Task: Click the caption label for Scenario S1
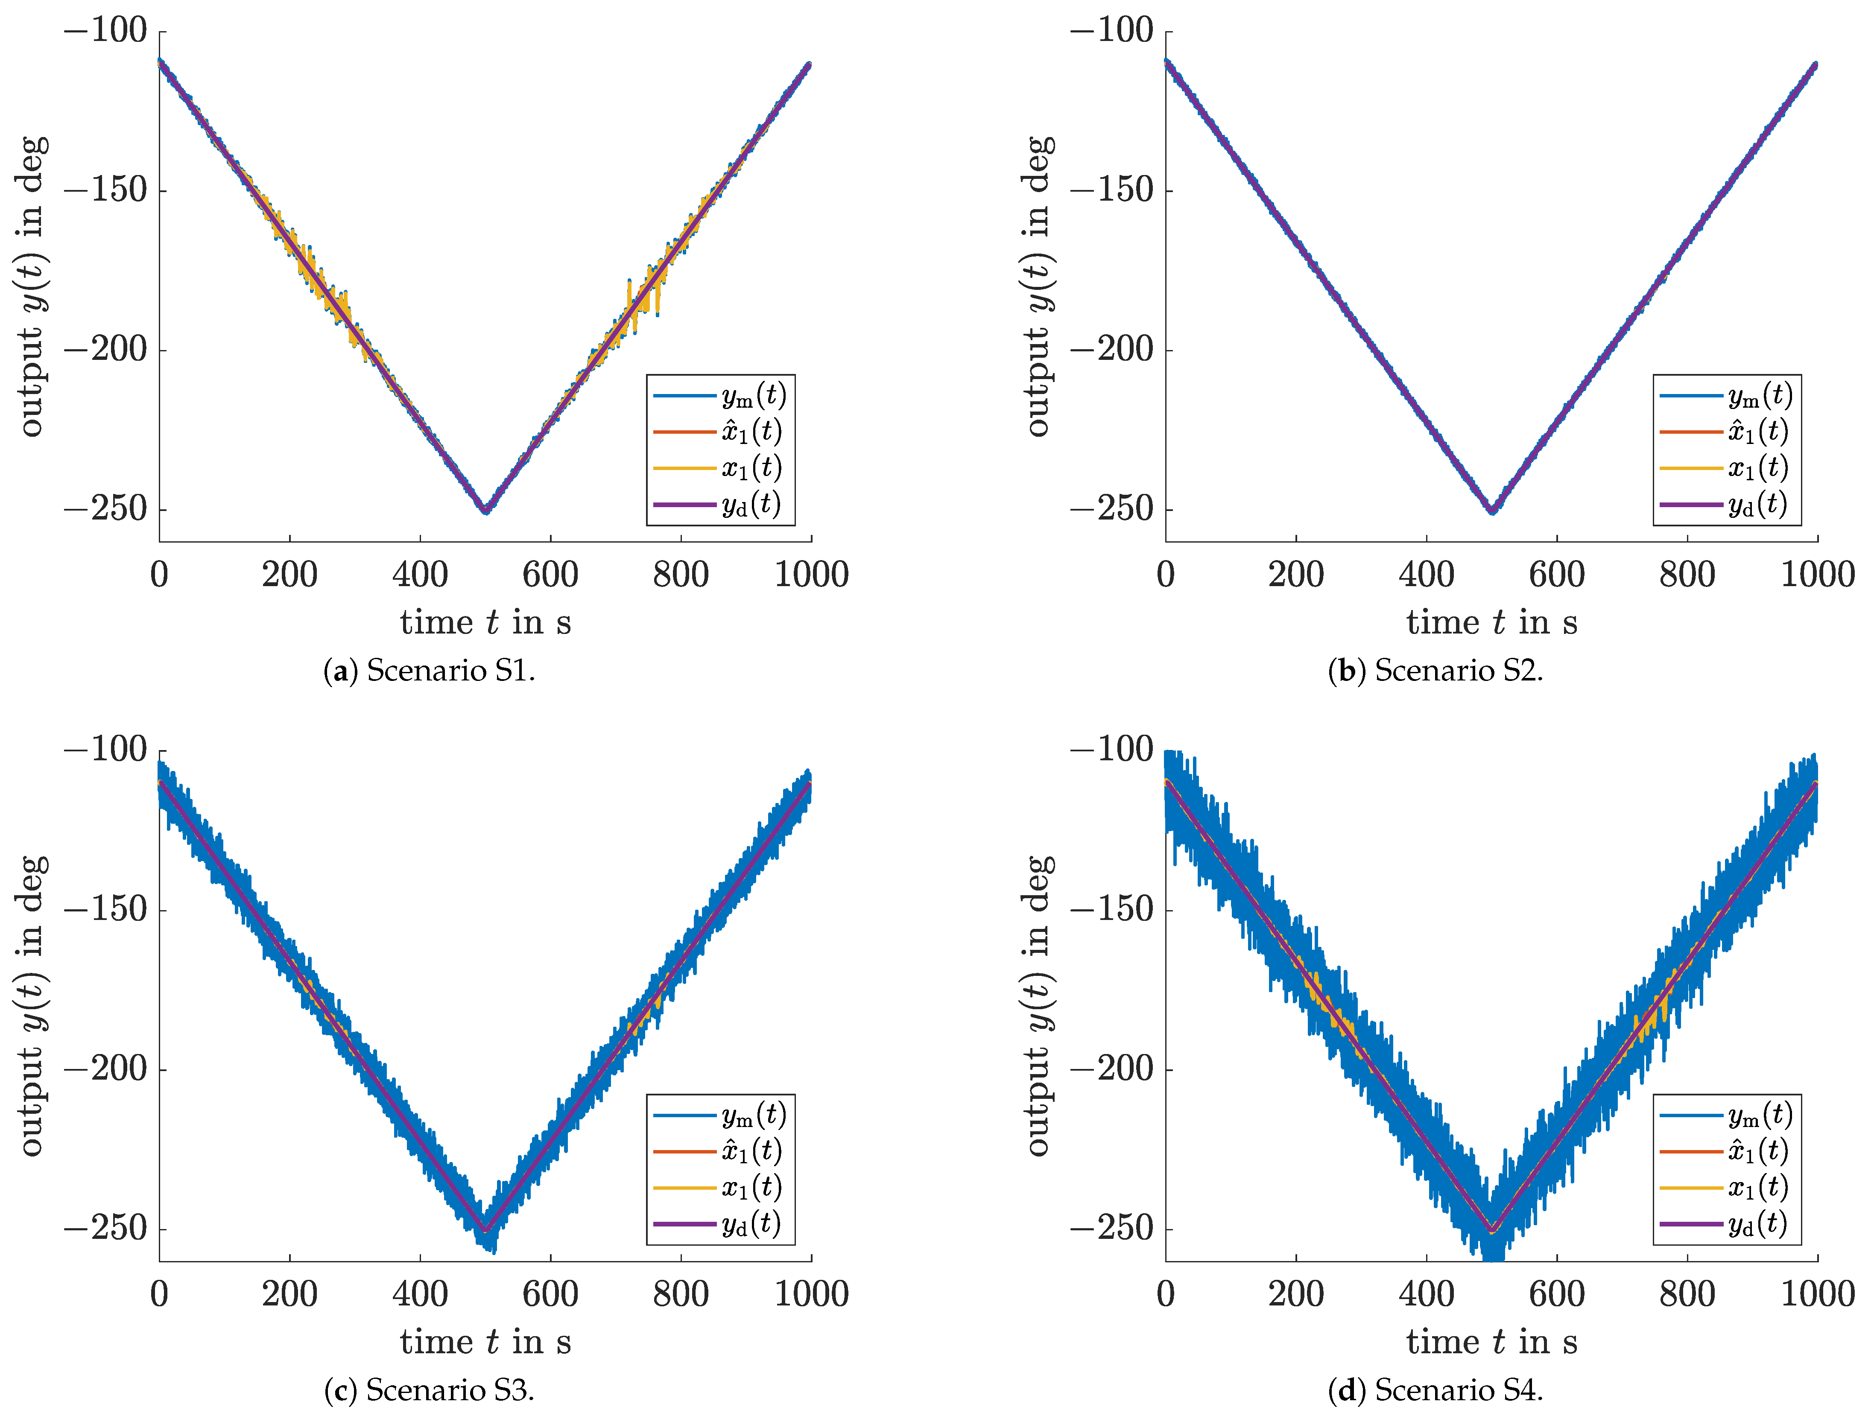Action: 430,671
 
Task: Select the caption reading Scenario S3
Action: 430,1390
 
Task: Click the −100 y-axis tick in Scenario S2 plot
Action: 1111,31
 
